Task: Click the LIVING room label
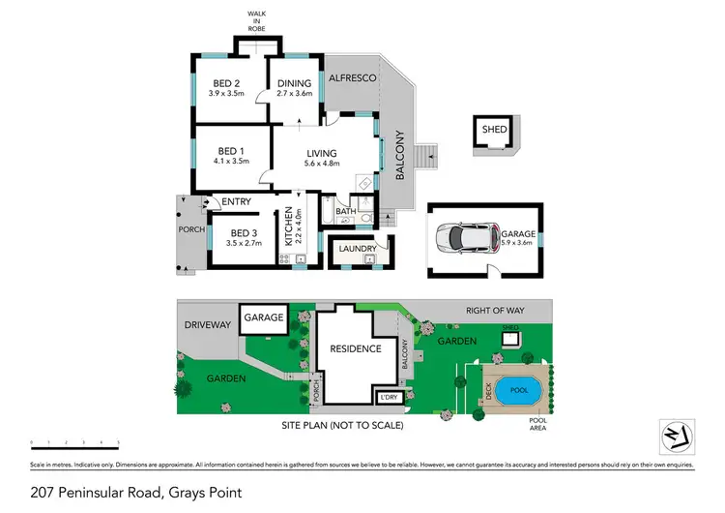(x=322, y=153)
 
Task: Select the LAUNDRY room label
(x=358, y=250)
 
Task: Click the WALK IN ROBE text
(x=257, y=18)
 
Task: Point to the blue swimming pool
(x=518, y=389)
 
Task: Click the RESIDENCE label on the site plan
(x=356, y=348)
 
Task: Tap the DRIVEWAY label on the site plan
(x=207, y=325)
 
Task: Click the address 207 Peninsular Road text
(x=133, y=493)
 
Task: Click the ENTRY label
(x=236, y=201)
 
